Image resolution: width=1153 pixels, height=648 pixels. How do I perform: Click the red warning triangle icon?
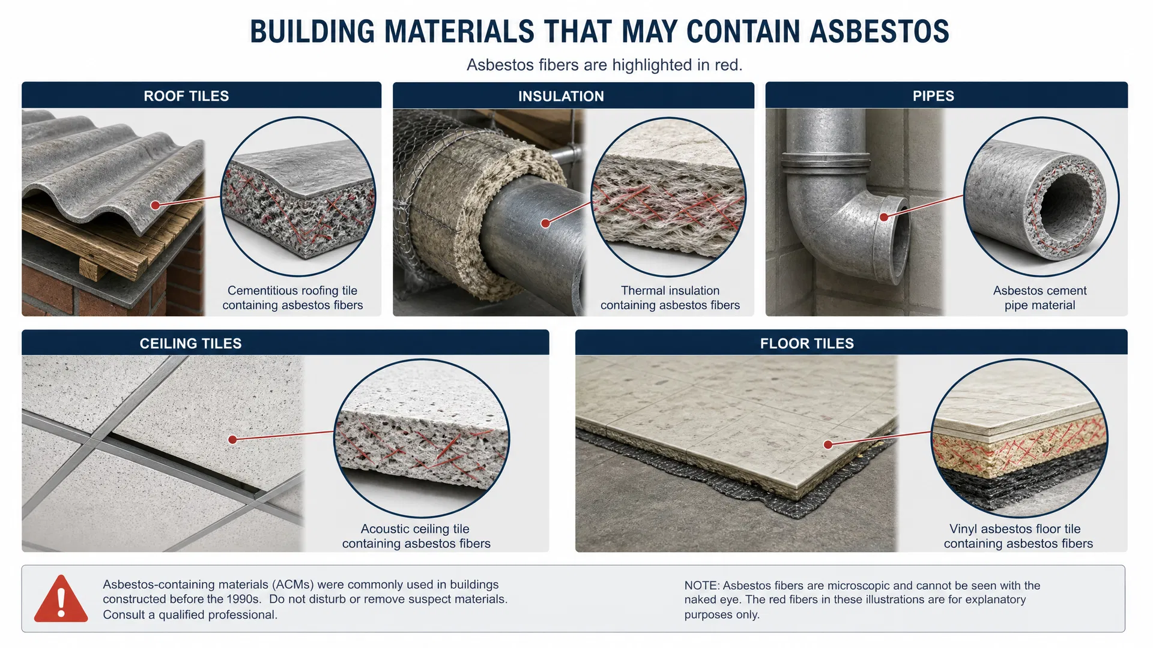click(x=61, y=599)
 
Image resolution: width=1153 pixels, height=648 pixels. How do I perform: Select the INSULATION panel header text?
click(x=561, y=96)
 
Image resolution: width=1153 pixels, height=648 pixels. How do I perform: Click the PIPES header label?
click(x=933, y=96)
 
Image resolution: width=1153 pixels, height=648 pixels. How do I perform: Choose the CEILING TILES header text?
click(x=190, y=343)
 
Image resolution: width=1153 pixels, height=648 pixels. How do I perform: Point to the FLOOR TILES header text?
click(x=806, y=343)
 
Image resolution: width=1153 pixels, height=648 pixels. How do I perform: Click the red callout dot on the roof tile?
click(x=155, y=205)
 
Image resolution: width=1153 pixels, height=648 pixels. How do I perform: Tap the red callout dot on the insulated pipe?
click(x=545, y=223)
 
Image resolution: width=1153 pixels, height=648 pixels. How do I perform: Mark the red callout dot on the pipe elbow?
click(x=884, y=217)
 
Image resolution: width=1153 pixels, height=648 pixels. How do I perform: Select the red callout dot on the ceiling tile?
click(x=232, y=440)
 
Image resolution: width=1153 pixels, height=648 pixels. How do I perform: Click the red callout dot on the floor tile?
click(x=828, y=445)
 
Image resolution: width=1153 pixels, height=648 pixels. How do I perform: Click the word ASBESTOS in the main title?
click(x=879, y=32)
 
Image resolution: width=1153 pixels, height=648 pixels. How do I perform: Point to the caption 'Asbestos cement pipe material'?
click(x=1040, y=298)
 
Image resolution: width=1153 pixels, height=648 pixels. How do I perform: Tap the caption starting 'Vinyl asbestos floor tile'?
click(x=1018, y=536)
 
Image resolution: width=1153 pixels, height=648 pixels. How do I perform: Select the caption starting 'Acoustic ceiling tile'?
click(x=416, y=536)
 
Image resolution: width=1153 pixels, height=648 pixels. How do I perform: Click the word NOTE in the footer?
click(x=700, y=586)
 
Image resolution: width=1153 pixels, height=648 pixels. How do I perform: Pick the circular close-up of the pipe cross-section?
click(x=1041, y=197)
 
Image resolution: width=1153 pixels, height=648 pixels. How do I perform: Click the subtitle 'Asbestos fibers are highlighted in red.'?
click(x=605, y=65)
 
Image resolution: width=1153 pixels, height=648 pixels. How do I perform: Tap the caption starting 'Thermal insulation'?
click(x=670, y=298)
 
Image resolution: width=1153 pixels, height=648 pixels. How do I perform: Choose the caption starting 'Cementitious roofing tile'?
click(x=292, y=298)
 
